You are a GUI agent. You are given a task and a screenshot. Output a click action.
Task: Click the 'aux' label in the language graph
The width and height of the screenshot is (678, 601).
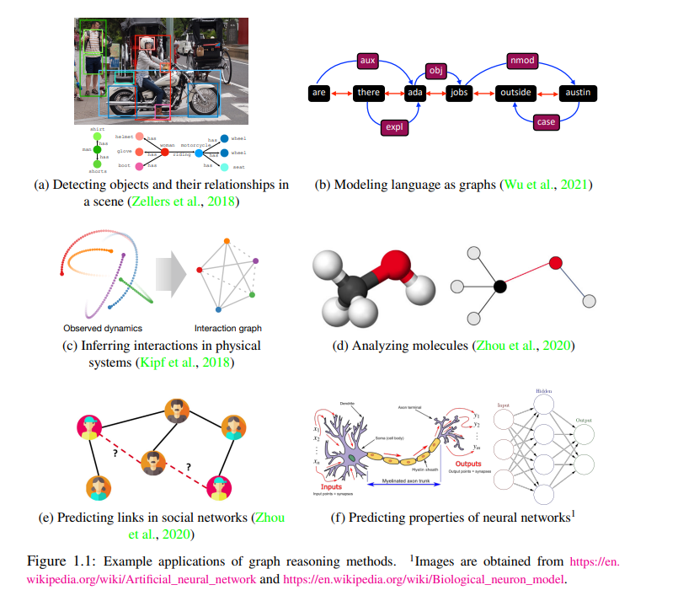pos(366,61)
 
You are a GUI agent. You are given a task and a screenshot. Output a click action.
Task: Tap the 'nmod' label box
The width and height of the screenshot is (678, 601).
pos(523,61)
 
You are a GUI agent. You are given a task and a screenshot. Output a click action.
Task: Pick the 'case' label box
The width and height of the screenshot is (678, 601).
pos(547,122)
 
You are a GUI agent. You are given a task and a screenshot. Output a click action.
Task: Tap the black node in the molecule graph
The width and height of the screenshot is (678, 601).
pos(500,287)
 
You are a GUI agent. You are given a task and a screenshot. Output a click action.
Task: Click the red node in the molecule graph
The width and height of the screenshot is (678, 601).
pos(556,263)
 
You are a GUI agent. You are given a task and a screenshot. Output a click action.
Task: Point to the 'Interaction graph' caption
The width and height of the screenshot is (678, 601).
pos(228,328)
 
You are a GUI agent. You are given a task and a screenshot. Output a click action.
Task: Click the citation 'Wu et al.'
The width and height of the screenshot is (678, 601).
pos(527,185)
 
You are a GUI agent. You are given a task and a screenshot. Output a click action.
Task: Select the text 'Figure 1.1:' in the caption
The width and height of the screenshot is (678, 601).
pos(67,561)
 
